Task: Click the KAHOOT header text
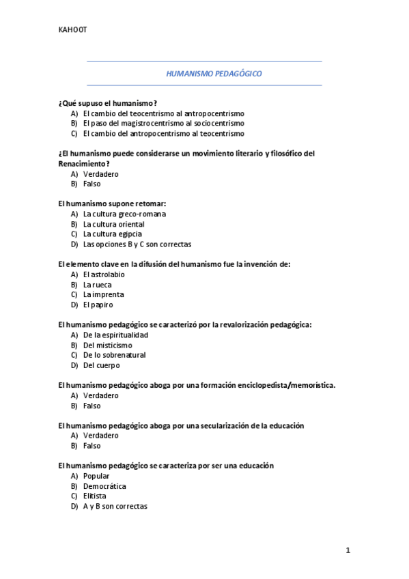click(x=72, y=29)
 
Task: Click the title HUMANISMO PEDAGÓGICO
click(x=205, y=74)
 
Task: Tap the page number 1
click(x=348, y=550)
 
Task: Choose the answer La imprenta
click(x=103, y=294)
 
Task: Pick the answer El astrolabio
click(x=104, y=274)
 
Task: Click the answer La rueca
click(x=98, y=285)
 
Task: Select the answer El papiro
click(x=98, y=305)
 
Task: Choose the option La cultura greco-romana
click(x=124, y=214)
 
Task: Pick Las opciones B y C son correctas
click(x=137, y=244)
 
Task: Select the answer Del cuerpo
click(x=101, y=365)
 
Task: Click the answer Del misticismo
click(x=108, y=345)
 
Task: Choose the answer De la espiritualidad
click(x=115, y=335)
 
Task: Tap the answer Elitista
click(x=95, y=496)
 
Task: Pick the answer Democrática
click(x=104, y=486)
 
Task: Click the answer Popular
click(x=96, y=476)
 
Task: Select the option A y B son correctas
click(x=115, y=506)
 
